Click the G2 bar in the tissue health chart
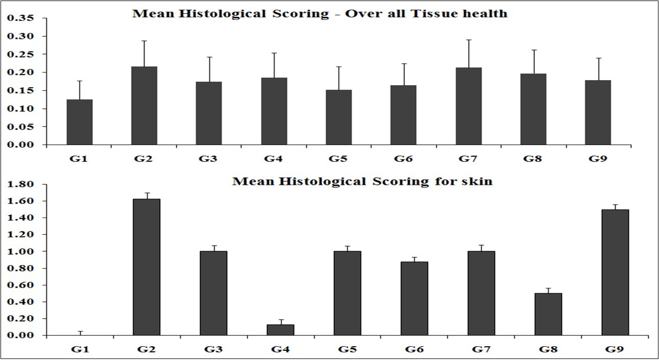click(144, 106)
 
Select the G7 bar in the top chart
click(469, 106)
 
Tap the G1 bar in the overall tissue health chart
click(80, 122)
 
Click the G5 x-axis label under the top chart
click(338, 159)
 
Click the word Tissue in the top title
click(433, 14)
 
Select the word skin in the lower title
click(477, 181)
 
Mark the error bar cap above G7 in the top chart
click(469, 40)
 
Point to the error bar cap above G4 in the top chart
click(274, 53)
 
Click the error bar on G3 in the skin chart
click(213, 248)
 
